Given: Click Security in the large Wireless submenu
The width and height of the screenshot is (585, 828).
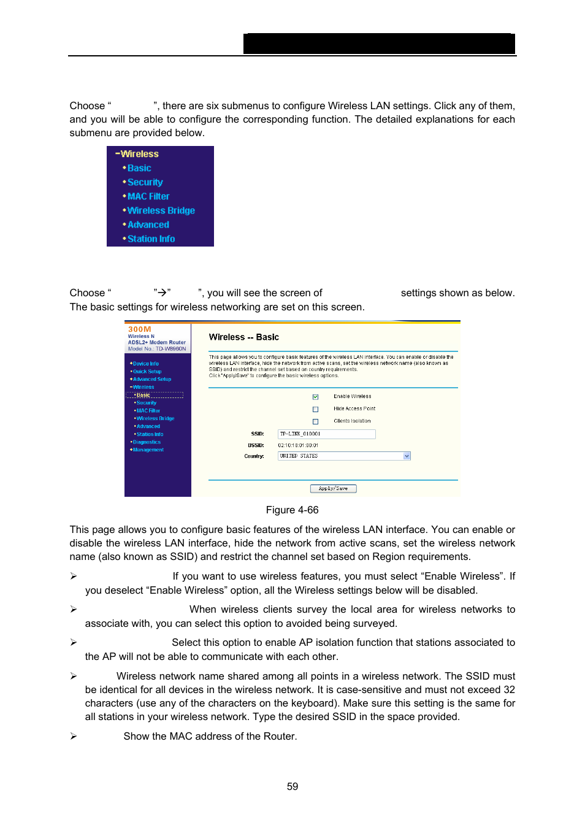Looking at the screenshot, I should coord(145,182).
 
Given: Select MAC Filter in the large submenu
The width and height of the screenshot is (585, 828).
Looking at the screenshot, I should coord(148,196).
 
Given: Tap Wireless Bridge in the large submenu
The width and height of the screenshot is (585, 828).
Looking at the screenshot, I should coord(161,210).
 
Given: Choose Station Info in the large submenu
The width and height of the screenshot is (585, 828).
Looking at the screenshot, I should coord(151,239).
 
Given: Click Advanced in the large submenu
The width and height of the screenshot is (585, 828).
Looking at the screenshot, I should coord(148,224).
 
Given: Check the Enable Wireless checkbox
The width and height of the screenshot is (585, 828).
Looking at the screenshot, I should coord(316,397).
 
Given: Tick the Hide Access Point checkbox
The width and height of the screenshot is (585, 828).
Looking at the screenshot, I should coord(316,409).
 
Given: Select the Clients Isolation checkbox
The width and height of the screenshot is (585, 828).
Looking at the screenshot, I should coord(316,421).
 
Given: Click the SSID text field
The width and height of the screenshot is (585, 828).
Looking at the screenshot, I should coord(326,434).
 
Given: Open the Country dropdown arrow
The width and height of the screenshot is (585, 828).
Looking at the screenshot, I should coord(407,456).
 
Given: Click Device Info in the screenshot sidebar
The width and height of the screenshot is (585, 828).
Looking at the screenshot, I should coord(145,364).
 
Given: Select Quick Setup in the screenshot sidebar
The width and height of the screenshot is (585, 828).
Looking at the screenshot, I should coord(147,372).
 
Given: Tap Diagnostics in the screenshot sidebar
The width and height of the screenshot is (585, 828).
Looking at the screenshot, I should coord(147,442).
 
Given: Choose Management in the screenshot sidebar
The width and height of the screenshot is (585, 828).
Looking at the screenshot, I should coord(148,450).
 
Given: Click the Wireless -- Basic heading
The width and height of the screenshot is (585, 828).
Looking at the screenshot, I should coord(243,337).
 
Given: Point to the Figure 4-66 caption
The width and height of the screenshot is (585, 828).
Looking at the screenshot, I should coord(292,510).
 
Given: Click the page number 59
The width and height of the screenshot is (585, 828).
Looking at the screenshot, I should coord(292,786).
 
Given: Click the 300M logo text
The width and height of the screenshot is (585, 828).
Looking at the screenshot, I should coord(139,329).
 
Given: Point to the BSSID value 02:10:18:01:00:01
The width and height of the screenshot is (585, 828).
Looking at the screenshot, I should coord(298,445).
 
